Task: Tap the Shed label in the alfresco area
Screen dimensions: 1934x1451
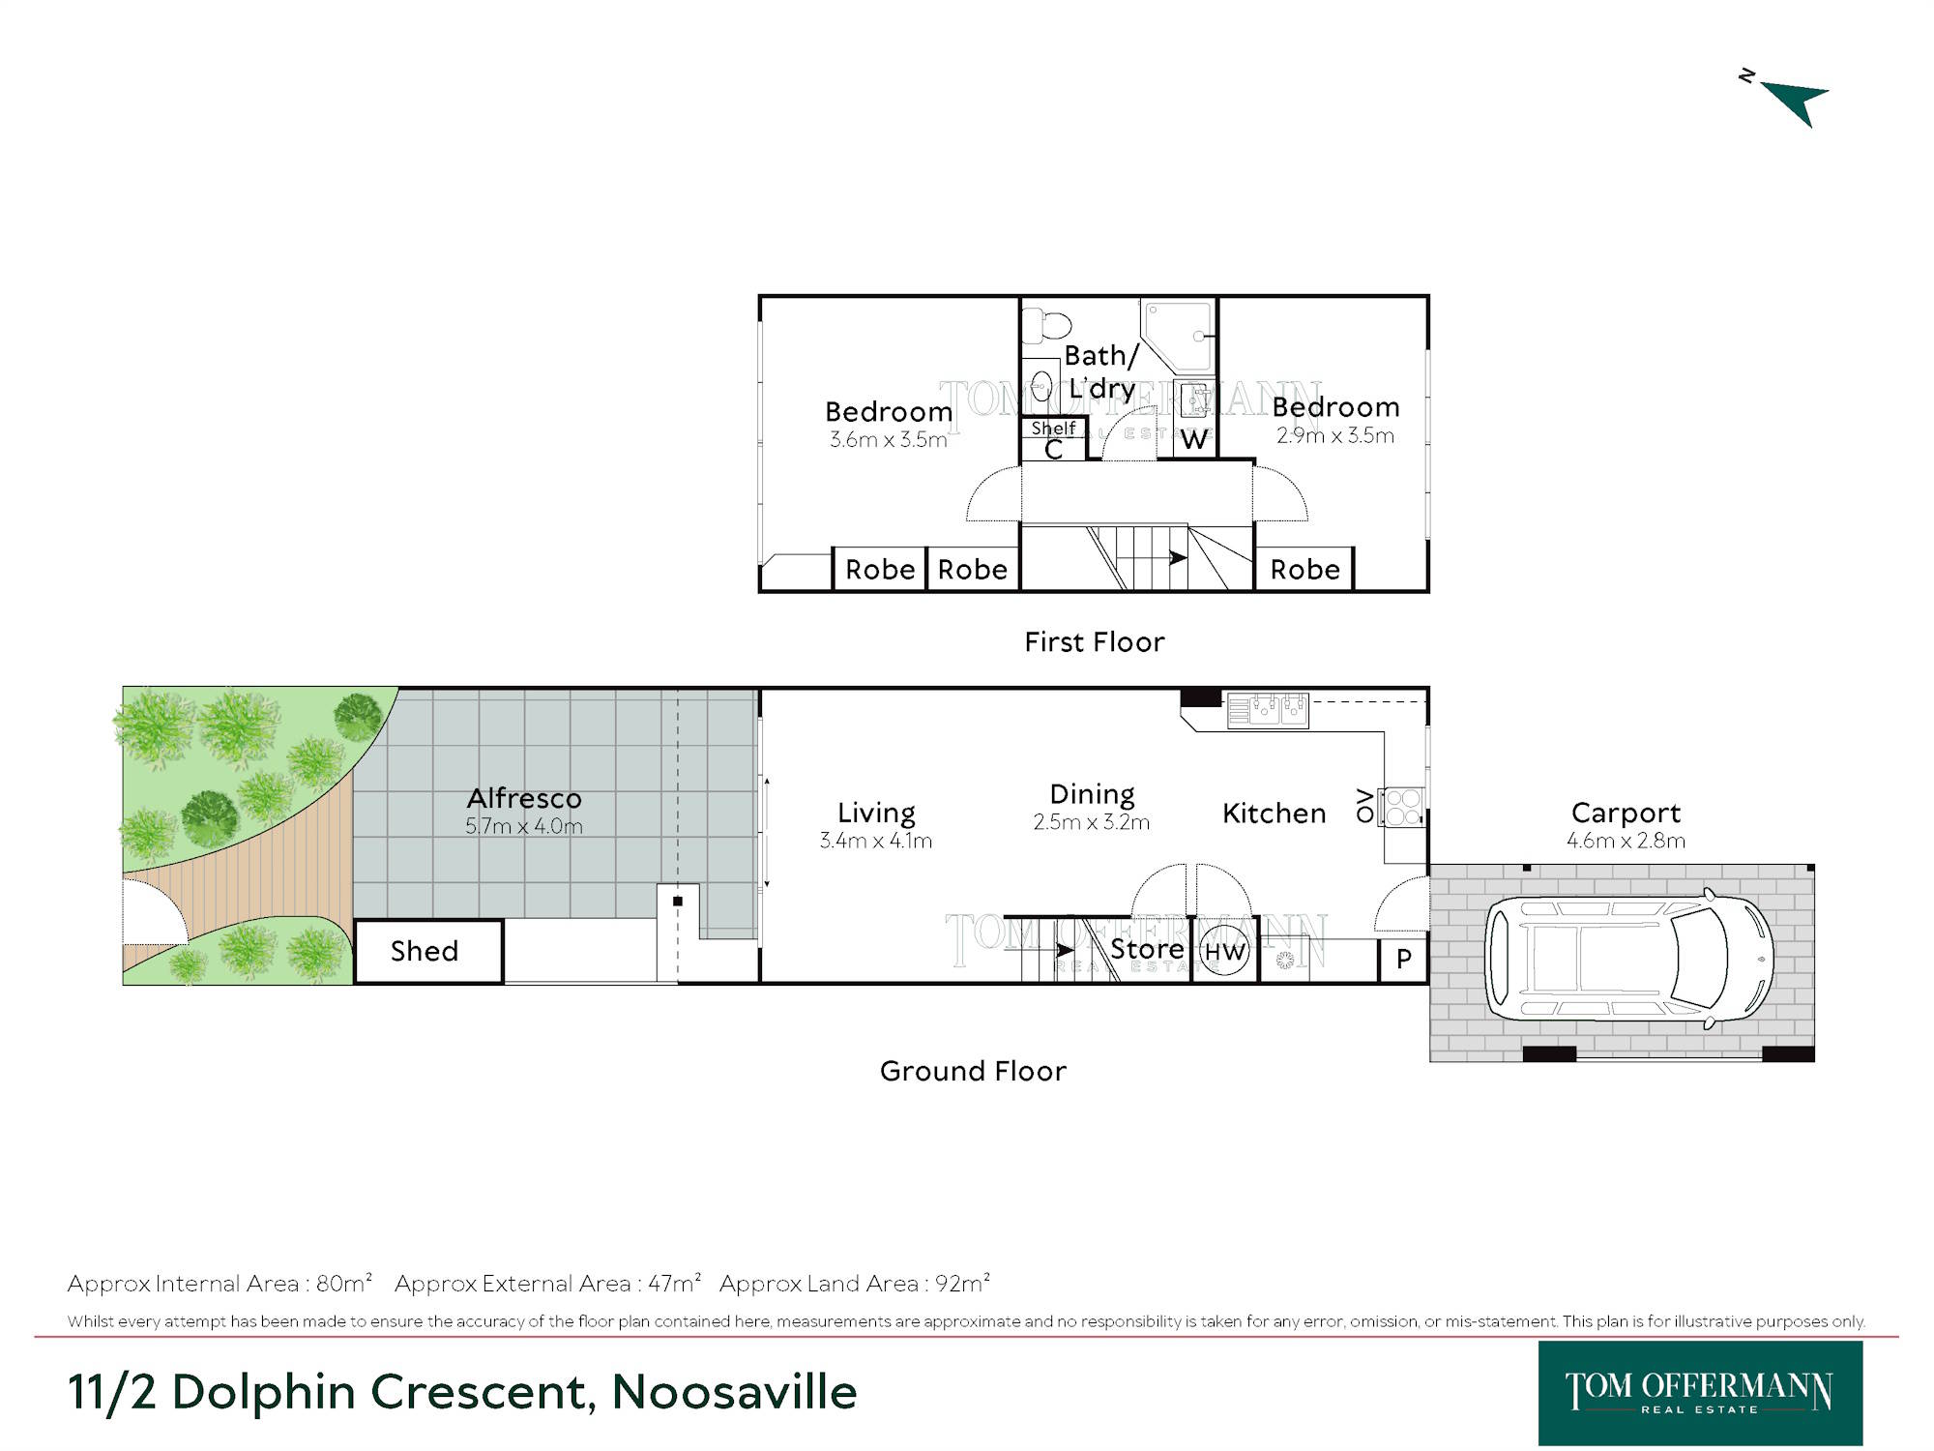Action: pos(425,951)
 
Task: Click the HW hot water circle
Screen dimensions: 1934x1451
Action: pos(1224,951)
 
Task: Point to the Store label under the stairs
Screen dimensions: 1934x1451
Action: pos(1147,949)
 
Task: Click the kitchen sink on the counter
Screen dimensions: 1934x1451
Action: pos(1268,711)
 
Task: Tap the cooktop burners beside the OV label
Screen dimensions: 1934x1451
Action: pos(1402,807)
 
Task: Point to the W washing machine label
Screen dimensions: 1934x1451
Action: pos(1193,439)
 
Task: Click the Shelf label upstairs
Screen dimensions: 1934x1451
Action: pos(1053,428)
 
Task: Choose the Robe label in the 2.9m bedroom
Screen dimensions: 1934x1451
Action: pos(1304,570)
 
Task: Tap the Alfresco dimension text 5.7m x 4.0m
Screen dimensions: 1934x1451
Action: pos(524,826)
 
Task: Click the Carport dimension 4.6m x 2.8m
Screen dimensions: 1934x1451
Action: pos(1626,841)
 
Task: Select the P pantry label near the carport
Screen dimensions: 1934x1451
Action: pos(1404,959)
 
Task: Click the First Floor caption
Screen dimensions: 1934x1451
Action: pos(1095,642)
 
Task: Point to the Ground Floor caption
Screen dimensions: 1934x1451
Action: pos(973,1071)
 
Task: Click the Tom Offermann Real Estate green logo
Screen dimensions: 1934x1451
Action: pos(1700,1393)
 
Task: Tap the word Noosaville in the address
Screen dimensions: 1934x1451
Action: pos(734,1392)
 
